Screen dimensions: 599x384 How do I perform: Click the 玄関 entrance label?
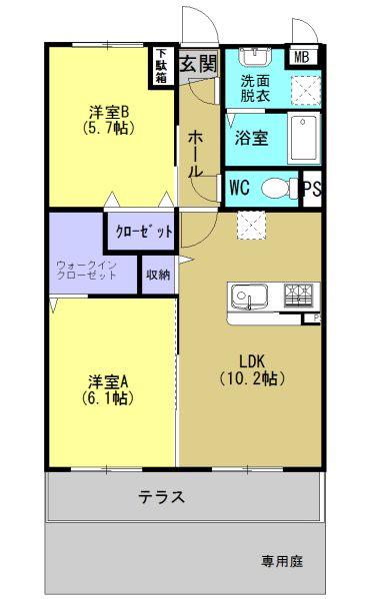coord(198,64)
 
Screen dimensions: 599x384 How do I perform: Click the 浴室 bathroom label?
coord(251,138)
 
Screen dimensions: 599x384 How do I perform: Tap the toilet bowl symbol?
coord(278,188)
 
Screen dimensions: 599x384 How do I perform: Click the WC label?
coord(240,187)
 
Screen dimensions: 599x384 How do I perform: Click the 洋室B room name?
coord(107,110)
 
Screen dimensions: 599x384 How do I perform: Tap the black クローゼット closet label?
coord(143,231)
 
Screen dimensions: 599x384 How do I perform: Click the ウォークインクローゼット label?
coord(87,270)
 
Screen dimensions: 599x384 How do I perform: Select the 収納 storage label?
coord(158,274)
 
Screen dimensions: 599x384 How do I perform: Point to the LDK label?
coord(252,360)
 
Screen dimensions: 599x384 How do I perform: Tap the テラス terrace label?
coord(161,496)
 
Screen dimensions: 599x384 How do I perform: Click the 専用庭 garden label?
coord(283,561)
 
